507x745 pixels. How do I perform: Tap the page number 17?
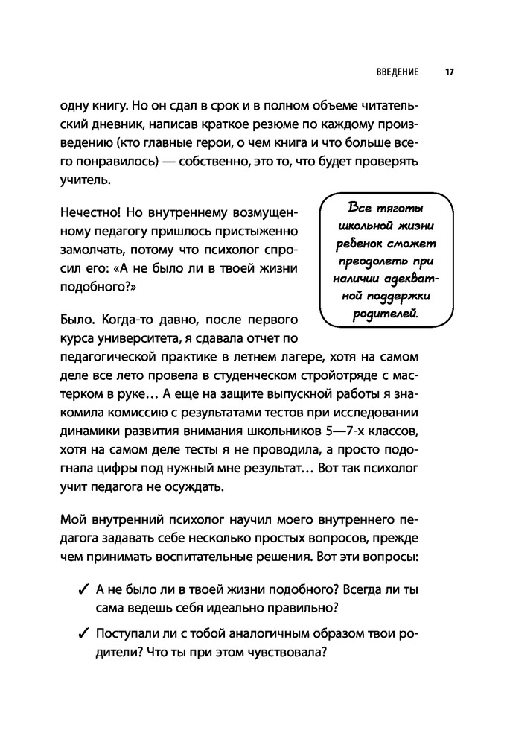click(450, 72)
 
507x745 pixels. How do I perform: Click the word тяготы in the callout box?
click(406, 206)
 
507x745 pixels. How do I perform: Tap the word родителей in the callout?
click(384, 315)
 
